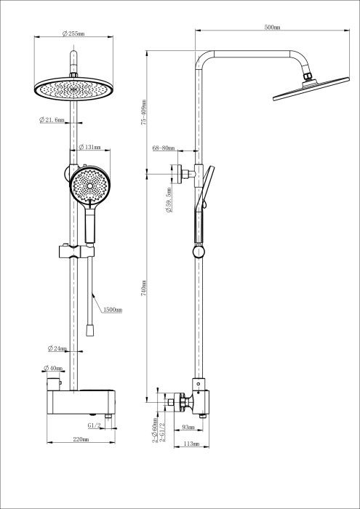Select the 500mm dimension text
pos(272,27)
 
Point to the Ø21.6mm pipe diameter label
pos(52,120)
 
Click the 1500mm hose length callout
pos(112,310)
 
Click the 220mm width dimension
pos(79,438)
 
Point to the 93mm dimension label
pos(188,427)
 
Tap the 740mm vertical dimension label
pos(144,287)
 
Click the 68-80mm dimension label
pos(164,148)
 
